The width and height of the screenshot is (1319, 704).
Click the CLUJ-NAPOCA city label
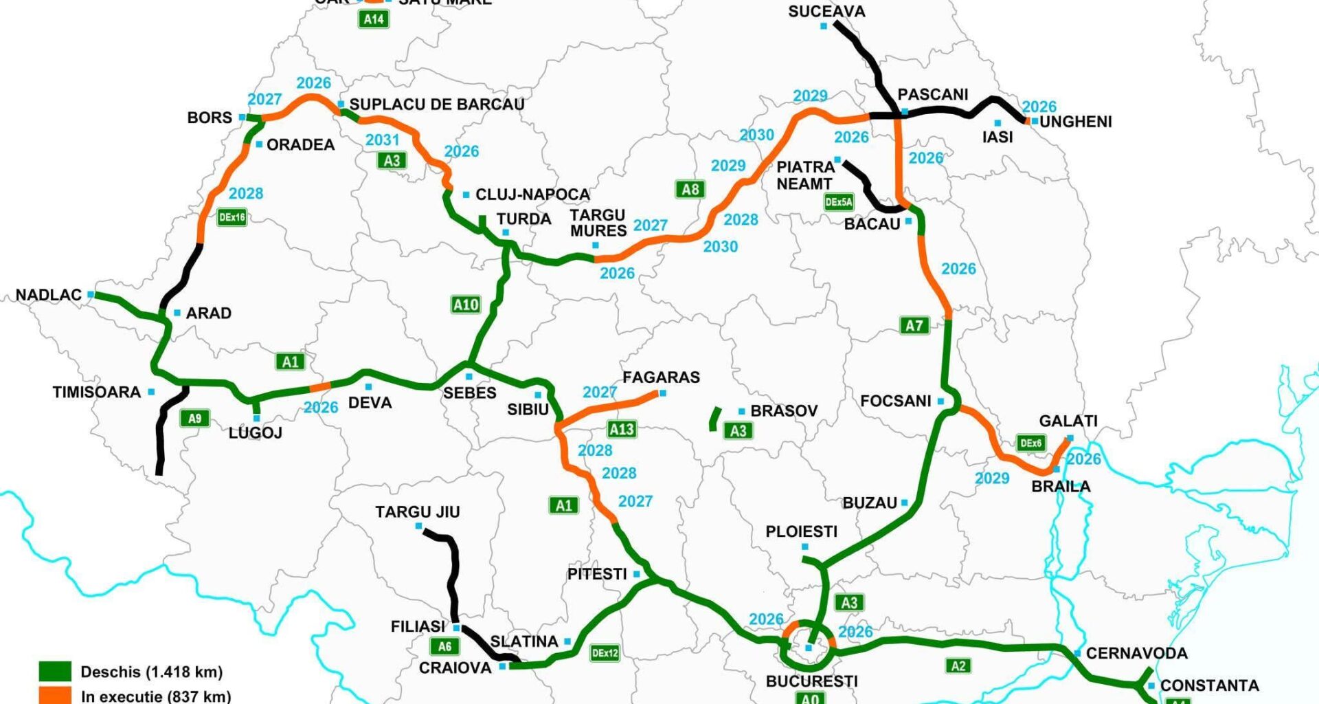tap(532, 195)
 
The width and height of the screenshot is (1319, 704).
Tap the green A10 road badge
tap(466, 305)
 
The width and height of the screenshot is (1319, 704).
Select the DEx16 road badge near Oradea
tap(232, 217)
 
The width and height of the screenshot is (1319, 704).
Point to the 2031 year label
tap(382, 140)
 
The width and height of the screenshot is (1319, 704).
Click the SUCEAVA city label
tap(826, 12)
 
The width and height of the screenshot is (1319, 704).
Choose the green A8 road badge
tap(690, 189)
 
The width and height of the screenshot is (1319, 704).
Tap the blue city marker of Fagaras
tap(662, 393)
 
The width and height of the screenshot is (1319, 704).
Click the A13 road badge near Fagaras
tap(622, 430)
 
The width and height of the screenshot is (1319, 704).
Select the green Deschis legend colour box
tap(55, 671)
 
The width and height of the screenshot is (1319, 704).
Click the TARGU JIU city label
tap(417, 512)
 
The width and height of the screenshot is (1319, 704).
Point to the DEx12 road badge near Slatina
tap(605, 652)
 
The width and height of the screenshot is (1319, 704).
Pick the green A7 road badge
tap(914, 325)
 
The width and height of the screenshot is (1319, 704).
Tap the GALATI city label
tap(1068, 421)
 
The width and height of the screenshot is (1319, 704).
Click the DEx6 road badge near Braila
tap(1030, 443)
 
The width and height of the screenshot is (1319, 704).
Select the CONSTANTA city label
tap(1209, 685)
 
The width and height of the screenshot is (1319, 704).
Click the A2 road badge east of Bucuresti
tap(958, 665)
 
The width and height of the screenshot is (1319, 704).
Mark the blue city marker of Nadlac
tap(91, 294)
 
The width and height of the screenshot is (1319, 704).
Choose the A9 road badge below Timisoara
tap(195, 418)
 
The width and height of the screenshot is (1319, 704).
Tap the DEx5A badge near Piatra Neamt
tap(838, 202)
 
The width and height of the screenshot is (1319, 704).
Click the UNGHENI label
tap(1075, 122)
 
